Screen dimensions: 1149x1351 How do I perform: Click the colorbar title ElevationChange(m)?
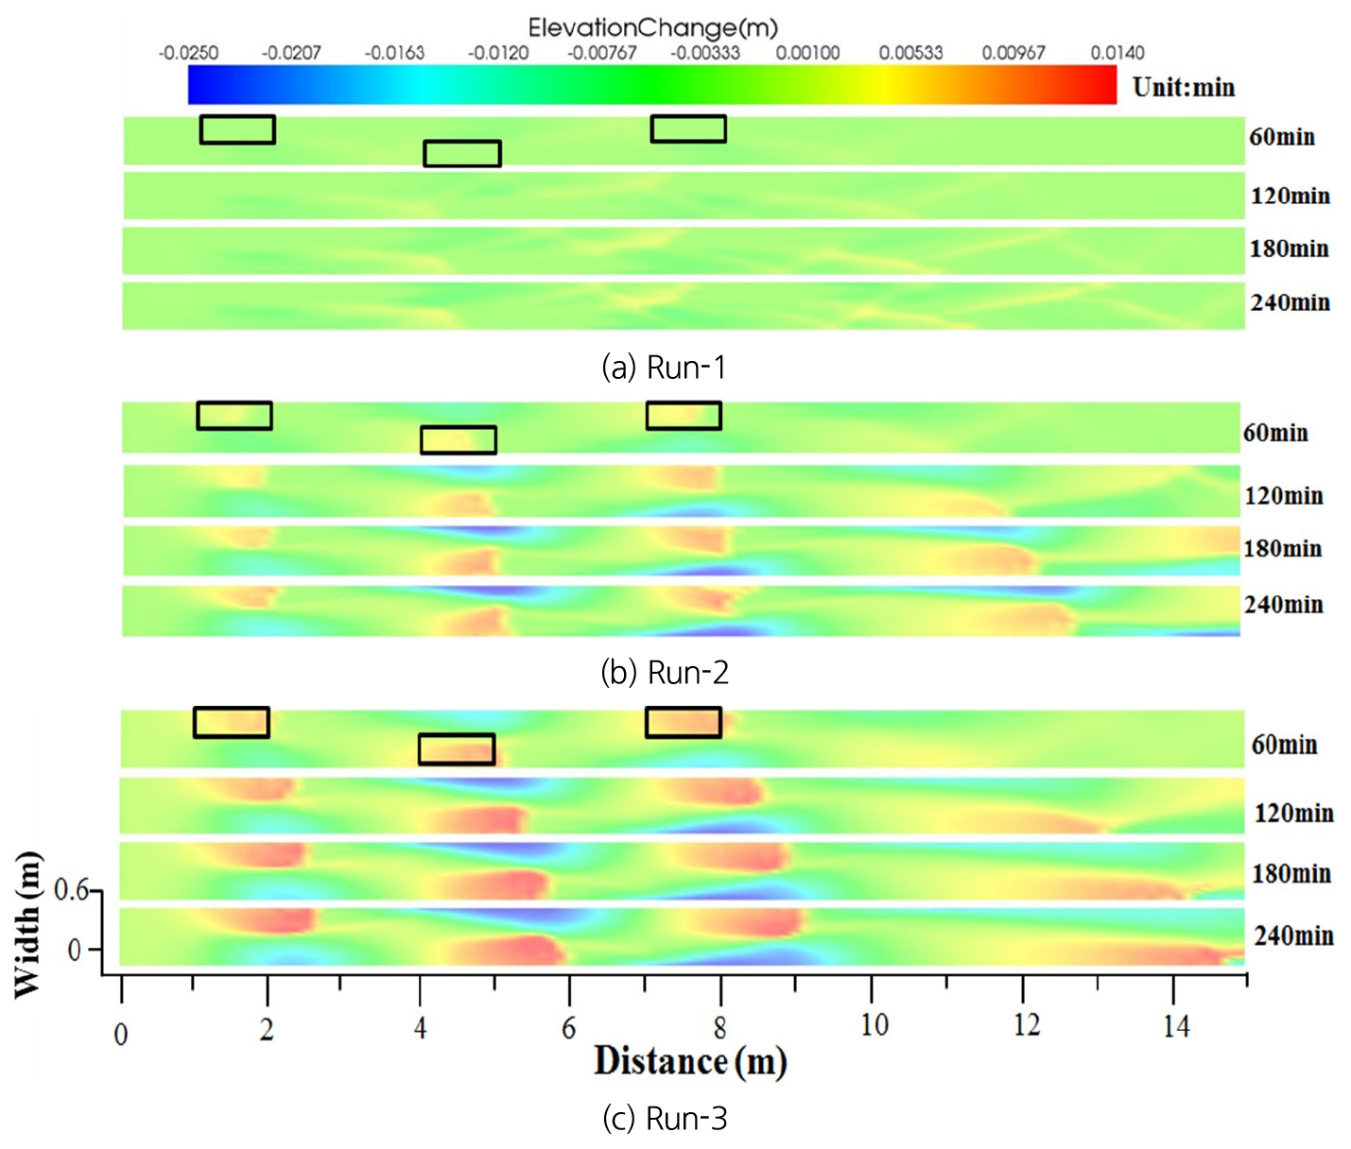(x=652, y=27)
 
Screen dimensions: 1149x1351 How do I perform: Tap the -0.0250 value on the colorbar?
(x=188, y=53)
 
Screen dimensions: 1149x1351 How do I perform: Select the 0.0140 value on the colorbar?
(x=1117, y=53)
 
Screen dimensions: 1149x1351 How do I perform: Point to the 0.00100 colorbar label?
(x=807, y=53)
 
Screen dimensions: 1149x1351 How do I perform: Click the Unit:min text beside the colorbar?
(x=1184, y=88)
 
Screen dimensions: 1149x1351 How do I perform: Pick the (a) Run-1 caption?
(x=664, y=367)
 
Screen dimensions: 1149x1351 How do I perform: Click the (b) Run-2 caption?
(x=664, y=672)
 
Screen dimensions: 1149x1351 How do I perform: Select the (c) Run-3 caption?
(x=664, y=1118)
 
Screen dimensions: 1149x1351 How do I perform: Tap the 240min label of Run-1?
(x=1290, y=303)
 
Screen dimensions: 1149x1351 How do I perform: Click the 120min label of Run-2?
(x=1283, y=496)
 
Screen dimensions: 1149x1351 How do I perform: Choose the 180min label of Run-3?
(x=1290, y=874)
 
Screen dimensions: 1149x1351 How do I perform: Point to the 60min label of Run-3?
(x=1284, y=746)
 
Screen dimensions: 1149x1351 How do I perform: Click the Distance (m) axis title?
(x=690, y=1061)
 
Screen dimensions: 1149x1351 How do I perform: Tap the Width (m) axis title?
(x=28, y=924)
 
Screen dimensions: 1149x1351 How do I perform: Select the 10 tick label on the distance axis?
(x=874, y=1025)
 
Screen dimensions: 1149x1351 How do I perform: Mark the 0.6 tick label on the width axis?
(x=71, y=890)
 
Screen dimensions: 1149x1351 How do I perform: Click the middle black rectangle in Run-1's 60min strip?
(x=462, y=153)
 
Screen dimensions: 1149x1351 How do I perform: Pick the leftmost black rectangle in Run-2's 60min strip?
(x=234, y=416)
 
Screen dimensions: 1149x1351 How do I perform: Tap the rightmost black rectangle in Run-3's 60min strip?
(x=684, y=723)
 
